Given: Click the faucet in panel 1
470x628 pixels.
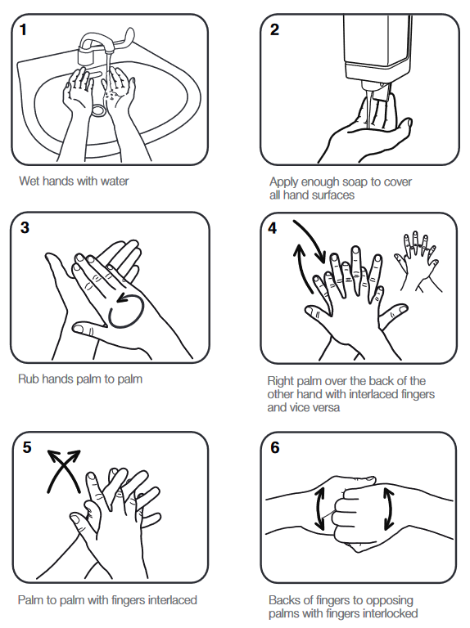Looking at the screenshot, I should point(102,46).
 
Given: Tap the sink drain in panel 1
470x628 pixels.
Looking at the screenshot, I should point(99,109).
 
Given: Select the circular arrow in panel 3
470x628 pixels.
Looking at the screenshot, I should point(129,310).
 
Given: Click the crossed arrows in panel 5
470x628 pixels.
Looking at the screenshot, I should point(64,470).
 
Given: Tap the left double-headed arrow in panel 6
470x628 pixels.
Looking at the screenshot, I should point(321,509).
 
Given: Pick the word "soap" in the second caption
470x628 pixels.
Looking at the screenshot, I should point(348,182).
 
